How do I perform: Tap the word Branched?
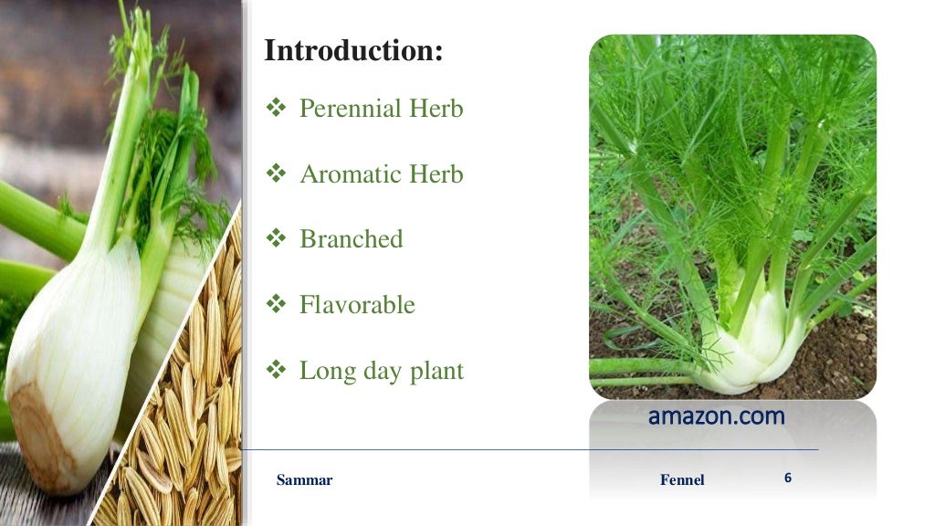pyautogui.click(x=351, y=239)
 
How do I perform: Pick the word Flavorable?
pyautogui.click(x=357, y=305)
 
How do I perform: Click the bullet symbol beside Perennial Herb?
pyautogui.click(x=277, y=109)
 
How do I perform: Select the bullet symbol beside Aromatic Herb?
pyautogui.click(x=277, y=174)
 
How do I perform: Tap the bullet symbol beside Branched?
pyautogui.click(x=277, y=239)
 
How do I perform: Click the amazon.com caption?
pyautogui.click(x=716, y=416)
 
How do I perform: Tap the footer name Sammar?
pyautogui.click(x=304, y=480)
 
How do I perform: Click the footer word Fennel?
pyautogui.click(x=682, y=480)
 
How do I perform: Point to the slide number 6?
pyautogui.click(x=787, y=478)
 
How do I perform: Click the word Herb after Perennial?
pyautogui.click(x=436, y=110)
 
